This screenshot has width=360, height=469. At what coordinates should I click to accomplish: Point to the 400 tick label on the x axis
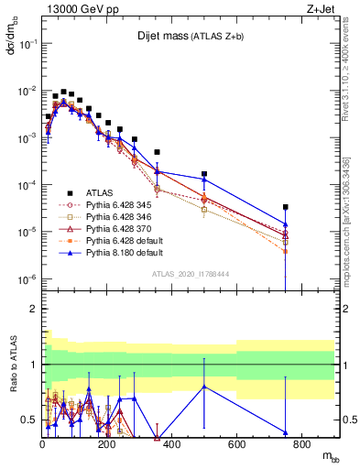(171, 446)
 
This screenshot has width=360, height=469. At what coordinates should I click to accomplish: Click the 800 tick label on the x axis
(301, 446)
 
